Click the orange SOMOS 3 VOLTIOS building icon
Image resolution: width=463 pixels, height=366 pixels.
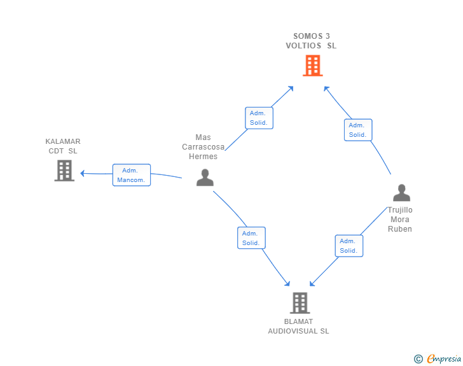(312, 66)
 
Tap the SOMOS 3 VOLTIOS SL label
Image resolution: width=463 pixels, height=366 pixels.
(311, 41)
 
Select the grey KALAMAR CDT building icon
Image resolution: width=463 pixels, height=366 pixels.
(64, 171)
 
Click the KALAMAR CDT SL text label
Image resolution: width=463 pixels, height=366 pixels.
(63, 146)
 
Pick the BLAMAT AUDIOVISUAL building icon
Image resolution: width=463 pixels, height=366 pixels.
(300, 303)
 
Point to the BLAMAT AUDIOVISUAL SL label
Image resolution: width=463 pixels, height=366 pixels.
(298, 327)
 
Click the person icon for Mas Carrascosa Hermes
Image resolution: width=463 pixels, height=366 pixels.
(205, 178)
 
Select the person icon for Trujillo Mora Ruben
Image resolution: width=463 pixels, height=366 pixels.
(401, 193)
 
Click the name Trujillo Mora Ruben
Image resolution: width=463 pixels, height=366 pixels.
(400, 220)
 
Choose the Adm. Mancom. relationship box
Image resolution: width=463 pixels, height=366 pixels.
(132, 175)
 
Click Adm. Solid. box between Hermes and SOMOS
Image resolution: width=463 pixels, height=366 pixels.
(259, 118)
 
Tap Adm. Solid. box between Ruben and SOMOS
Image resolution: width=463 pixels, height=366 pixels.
(357, 130)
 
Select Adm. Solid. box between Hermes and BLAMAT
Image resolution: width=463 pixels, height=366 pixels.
(251, 238)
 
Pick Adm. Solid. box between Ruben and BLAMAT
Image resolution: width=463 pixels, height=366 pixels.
(349, 246)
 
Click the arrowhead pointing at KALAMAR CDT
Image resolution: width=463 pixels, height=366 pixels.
(83, 173)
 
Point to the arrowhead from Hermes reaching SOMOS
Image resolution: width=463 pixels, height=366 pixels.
(291, 88)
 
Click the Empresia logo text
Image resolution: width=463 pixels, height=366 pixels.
(444, 358)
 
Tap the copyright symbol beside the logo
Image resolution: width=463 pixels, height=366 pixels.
(418, 359)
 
